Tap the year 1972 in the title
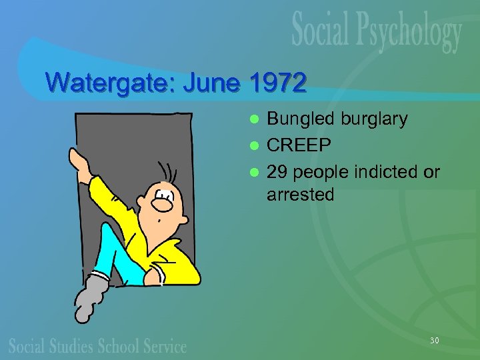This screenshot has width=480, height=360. click(277, 83)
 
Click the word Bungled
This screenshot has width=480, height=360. click(301, 120)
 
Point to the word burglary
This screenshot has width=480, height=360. click(374, 120)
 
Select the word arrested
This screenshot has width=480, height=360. click(300, 195)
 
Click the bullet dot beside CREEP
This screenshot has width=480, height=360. click(253, 146)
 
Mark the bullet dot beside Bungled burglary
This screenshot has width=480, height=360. click(253, 120)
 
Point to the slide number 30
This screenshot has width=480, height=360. click(434, 341)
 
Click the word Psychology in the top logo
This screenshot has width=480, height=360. click(411, 33)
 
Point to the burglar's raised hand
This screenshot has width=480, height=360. click(77, 160)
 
